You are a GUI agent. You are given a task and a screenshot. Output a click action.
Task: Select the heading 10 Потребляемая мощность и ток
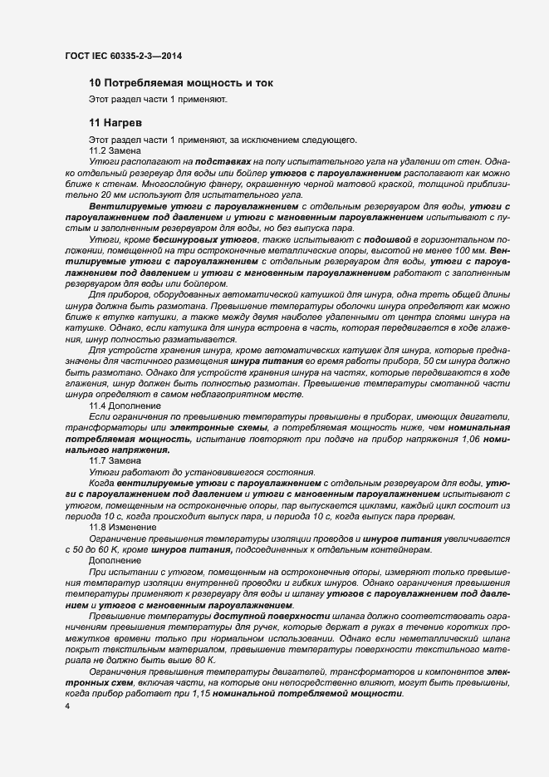tap(181, 83)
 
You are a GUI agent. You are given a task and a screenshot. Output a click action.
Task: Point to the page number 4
tap(67, 706)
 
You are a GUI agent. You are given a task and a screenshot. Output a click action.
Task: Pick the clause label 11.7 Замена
tap(116, 460)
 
